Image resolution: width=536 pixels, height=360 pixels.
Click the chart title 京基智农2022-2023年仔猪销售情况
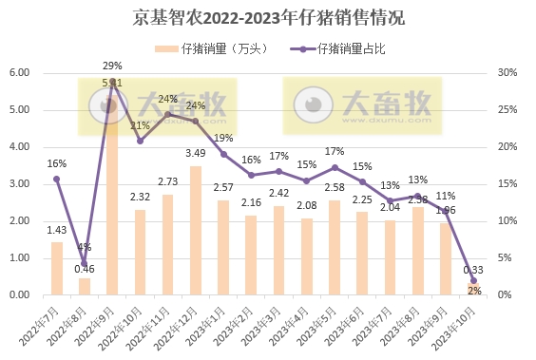[x=269, y=17]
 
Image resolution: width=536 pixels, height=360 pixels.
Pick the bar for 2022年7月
[x=57, y=269]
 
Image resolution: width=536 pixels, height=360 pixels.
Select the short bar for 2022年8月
[x=85, y=286]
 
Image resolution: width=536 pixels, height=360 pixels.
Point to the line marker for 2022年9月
[x=112, y=82]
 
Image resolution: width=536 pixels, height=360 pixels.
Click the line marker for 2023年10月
[x=472, y=279]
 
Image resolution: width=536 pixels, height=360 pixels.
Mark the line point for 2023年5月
[x=334, y=167]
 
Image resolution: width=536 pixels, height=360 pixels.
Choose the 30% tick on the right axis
[x=507, y=73]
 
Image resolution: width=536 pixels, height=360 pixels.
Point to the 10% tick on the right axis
[x=507, y=221]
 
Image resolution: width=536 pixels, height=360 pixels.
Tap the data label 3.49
[x=195, y=153]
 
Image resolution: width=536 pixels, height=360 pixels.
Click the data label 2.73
[x=167, y=181]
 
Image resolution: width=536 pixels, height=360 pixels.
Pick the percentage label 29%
[x=112, y=66]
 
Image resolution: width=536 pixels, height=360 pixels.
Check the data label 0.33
[x=472, y=271]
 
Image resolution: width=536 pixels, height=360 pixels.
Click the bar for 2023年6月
[x=361, y=254]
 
